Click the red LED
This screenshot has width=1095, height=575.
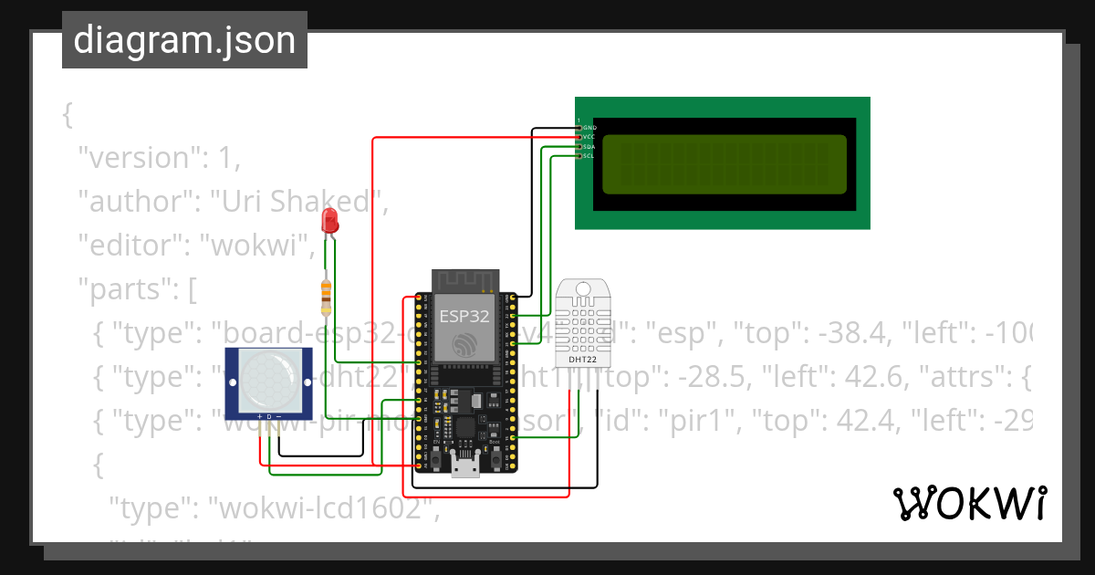[329, 220]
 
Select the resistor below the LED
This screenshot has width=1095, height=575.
[326, 293]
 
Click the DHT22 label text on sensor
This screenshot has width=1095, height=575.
[583, 360]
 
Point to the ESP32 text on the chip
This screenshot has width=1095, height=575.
[464, 317]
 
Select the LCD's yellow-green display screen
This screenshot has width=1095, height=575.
[725, 164]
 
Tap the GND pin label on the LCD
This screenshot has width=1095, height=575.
[589, 128]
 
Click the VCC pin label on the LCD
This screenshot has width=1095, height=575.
[589, 137]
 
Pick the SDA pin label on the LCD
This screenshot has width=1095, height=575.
[589, 146]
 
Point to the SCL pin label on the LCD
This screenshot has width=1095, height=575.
[589, 156]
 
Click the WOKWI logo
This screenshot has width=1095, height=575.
[969, 503]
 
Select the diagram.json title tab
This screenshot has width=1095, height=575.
[184, 40]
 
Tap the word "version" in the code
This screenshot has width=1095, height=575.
[137, 158]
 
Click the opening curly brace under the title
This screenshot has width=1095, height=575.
[67, 116]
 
